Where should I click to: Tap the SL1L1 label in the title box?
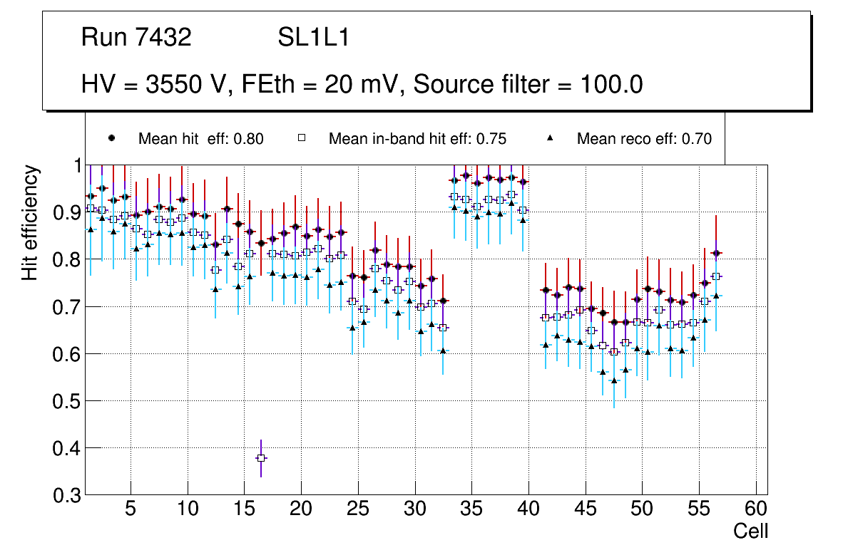313,38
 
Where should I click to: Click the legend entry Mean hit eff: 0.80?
200,139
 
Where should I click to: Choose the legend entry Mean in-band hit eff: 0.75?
417,139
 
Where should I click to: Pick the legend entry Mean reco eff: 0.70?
643,139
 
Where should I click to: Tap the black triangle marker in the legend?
550,138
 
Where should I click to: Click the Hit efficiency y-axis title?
30,222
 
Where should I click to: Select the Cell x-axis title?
751,531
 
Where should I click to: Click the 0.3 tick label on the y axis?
66,495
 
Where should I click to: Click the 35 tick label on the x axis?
471,509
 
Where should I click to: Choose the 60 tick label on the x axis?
755,509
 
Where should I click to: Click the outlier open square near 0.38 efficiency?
262,457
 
